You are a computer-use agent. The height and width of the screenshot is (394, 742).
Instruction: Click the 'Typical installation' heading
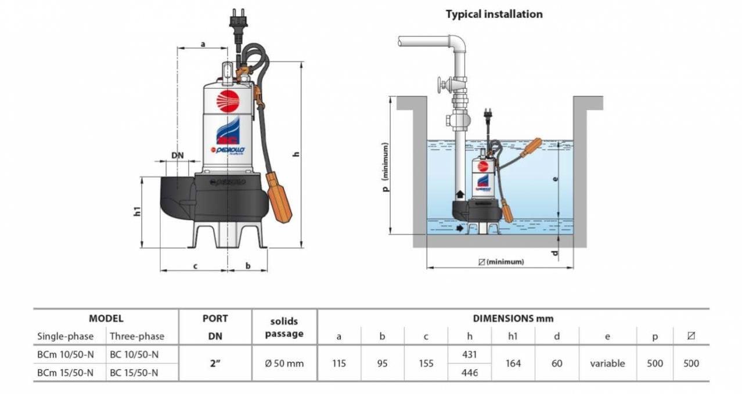click(494, 14)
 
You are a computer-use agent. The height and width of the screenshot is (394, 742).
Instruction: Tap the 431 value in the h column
click(469, 354)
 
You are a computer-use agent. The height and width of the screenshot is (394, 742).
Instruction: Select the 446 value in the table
click(469, 373)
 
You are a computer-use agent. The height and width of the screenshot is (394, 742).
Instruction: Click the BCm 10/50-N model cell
click(65, 354)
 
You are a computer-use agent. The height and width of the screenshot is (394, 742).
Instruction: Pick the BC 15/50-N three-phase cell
click(134, 373)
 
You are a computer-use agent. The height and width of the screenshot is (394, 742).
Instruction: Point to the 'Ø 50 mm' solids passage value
click(284, 363)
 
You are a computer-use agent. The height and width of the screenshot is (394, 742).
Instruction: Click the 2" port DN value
click(215, 363)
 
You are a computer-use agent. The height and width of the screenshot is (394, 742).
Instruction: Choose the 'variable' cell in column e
click(607, 363)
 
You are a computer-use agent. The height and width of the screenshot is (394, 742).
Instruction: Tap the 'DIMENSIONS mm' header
click(513, 318)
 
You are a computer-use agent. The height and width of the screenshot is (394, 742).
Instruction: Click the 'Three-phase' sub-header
click(137, 336)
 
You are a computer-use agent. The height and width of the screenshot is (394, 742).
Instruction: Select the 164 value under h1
click(513, 363)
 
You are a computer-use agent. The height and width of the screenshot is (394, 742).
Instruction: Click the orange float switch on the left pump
click(279, 197)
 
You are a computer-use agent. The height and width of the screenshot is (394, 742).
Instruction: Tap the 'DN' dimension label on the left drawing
click(178, 155)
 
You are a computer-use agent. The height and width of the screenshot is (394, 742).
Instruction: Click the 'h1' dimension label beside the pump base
click(138, 211)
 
